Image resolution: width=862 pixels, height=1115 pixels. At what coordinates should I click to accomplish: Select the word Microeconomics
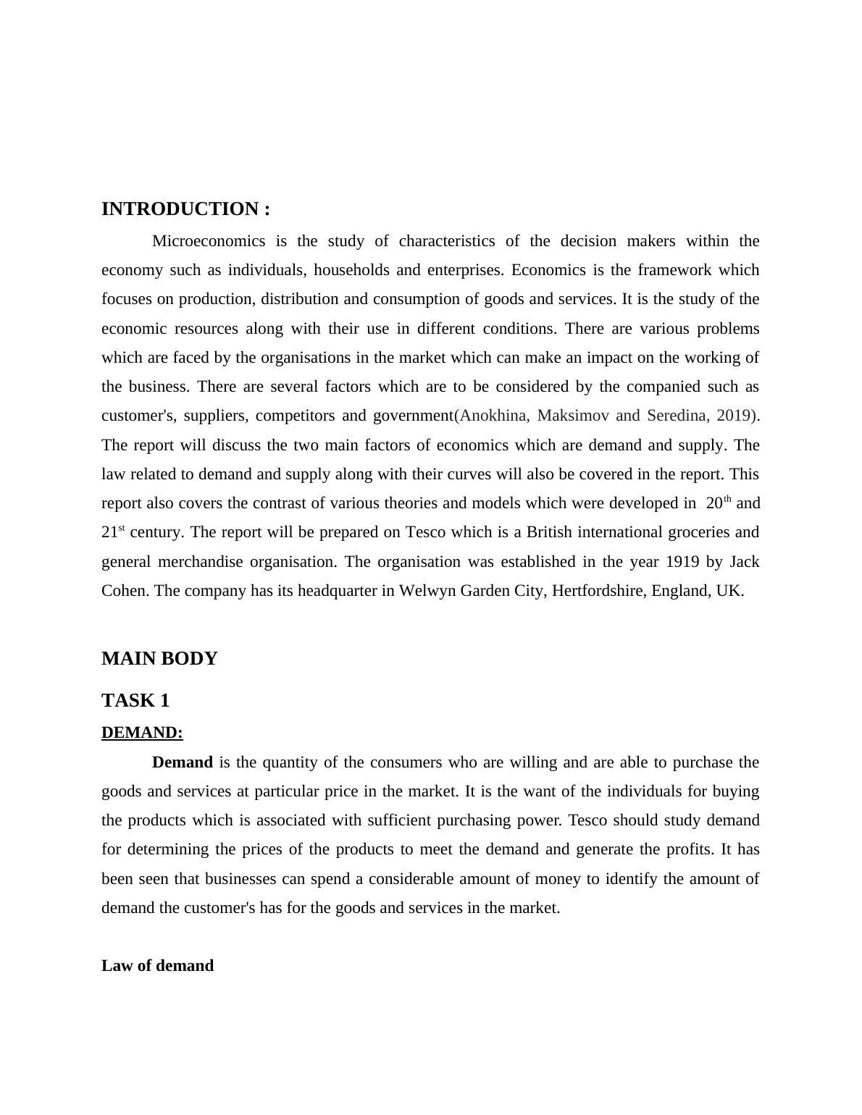click(x=209, y=241)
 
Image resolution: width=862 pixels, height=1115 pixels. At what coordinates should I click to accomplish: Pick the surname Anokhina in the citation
click(x=493, y=416)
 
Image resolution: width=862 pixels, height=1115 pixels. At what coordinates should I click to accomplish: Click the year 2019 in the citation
click(x=735, y=416)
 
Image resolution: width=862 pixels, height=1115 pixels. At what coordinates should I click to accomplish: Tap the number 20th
click(x=718, y=502)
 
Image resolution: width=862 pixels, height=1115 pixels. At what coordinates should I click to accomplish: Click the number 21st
click(x=113, y=532)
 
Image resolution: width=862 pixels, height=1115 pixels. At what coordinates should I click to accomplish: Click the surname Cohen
click(x=124, y=591)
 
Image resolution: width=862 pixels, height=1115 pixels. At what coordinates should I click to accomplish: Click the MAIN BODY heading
click(x=159, y=659)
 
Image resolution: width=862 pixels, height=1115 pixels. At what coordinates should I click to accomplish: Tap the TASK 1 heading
click(x=135, y=701)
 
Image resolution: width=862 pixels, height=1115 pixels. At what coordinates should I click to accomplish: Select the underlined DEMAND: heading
click(x=142, y=733)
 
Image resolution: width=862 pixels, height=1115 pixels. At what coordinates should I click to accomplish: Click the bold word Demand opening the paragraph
click(x=183, y=762)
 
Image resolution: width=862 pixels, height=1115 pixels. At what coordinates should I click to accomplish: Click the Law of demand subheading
click(x=157, y=966)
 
